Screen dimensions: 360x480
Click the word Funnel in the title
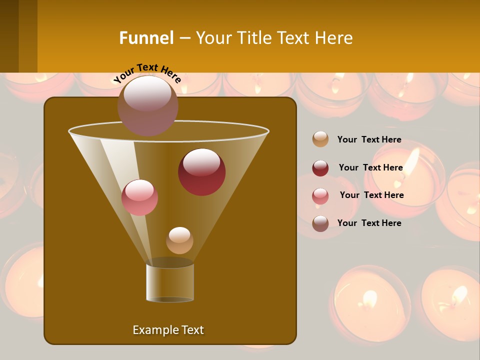(x=146, y=38)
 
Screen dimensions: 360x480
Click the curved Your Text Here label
(x=147, y=73)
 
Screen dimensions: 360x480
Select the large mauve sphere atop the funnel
(x=147, y=105)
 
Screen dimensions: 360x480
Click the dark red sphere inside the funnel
(x=201, y=172)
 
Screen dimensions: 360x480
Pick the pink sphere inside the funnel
(x=139, y=197)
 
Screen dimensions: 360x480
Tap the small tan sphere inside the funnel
(x=179, y=240)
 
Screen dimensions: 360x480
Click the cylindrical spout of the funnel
(x=170, y=282)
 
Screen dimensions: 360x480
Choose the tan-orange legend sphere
(x=320, y=139)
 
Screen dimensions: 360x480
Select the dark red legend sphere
(x=320, y=168)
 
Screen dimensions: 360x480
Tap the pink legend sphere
(x=320, y=196)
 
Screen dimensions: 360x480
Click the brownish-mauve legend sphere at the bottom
(x=320, y=223)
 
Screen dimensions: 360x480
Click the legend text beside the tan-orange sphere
(x=369, y=140)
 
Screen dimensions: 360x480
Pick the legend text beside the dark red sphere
(x=370, y=168)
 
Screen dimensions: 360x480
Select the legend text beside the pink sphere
(x=371, y=195)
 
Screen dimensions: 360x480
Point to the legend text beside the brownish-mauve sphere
(x=369, y=223)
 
